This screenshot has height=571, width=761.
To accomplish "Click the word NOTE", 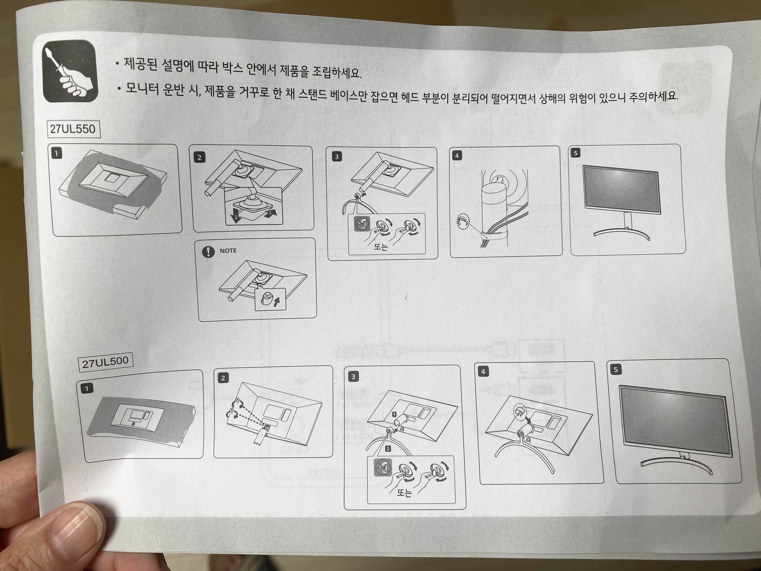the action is point(228,251).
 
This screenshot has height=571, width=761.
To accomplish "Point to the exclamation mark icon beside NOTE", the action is point(208,251).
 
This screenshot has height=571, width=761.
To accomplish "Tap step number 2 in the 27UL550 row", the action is point(199,158).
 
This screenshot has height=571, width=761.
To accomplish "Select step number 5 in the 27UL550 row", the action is point(575,153).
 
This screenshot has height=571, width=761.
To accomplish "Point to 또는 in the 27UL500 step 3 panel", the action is point(404,492).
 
